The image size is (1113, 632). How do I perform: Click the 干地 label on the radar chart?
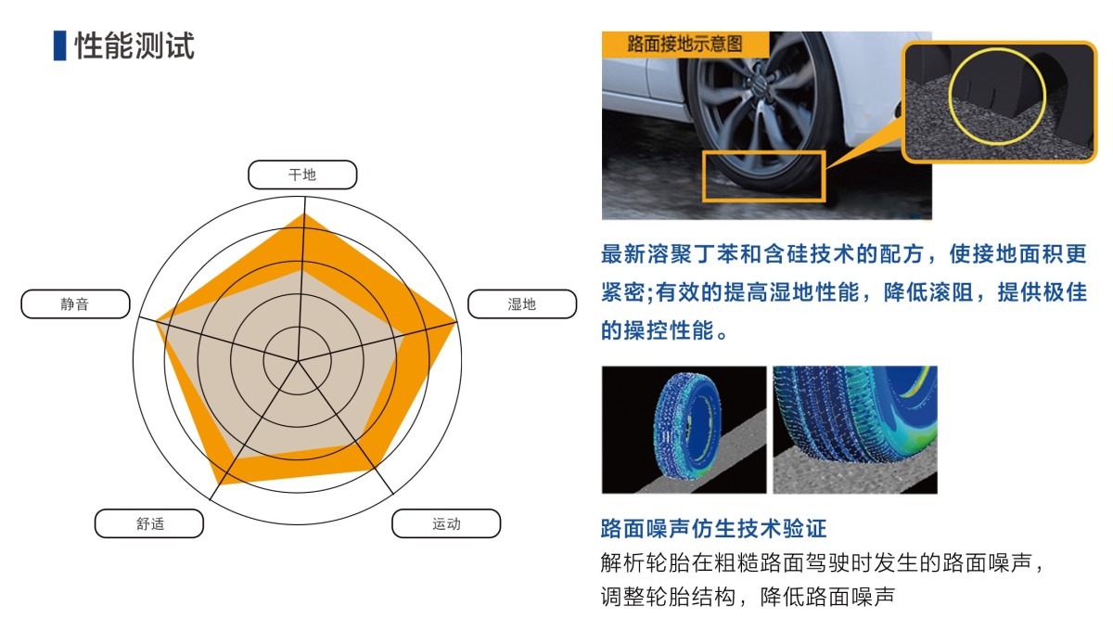click(302, 174)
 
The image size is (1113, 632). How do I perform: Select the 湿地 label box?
click(522, 303)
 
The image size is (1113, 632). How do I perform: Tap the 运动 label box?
click(446, 523)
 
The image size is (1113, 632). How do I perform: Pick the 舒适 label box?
click(149, 523)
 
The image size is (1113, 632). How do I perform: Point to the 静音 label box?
click(75, 303)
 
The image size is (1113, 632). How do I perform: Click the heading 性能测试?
click(134, 45)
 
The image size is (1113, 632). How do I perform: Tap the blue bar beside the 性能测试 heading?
click(59, 45)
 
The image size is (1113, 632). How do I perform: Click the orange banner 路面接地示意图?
click(685, 44)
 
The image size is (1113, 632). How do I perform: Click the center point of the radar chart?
click(298, 360)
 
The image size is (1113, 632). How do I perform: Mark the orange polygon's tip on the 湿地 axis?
click(455, 323)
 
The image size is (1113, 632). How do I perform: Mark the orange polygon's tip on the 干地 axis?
click(304, 214)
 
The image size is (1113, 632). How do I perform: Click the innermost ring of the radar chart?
click(298, 328)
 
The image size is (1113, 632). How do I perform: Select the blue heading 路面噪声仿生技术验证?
click(713, 528)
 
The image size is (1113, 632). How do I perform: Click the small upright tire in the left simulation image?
click(686, 427)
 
